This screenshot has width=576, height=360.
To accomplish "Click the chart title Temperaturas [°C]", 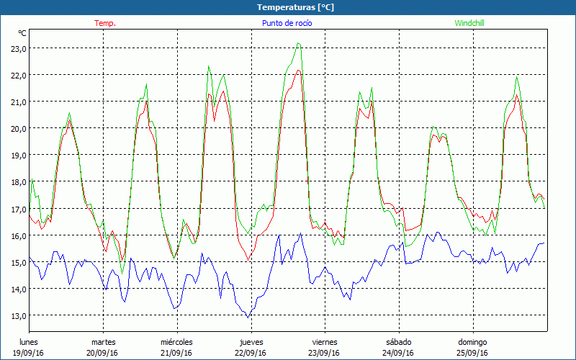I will (x=296, y=7).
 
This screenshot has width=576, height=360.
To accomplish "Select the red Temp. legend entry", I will (x=105, y=23).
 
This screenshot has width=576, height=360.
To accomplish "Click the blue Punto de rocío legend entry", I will (x=287, y=23).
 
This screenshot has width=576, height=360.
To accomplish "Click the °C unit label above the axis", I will (x=22, y=33).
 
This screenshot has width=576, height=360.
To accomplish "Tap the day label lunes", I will (x=30, y=342).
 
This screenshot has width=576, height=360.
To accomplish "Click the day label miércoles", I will (x=176, y=342).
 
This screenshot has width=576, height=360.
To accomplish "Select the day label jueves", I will (x=250, y=342).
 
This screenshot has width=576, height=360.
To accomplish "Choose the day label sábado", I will (x=398, y=342).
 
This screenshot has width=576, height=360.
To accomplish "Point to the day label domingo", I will (x=472, y=342).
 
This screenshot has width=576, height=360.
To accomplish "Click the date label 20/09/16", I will (x=103, y=353).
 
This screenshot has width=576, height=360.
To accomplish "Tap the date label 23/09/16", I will (x=325, y=353).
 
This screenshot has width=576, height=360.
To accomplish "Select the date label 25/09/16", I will (x=472, y=353).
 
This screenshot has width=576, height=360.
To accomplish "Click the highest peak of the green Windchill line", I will (x=298, y=43).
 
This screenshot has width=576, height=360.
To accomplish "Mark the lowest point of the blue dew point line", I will (x=248, y=318).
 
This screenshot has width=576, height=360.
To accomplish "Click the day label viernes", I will (x=325, y=342).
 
